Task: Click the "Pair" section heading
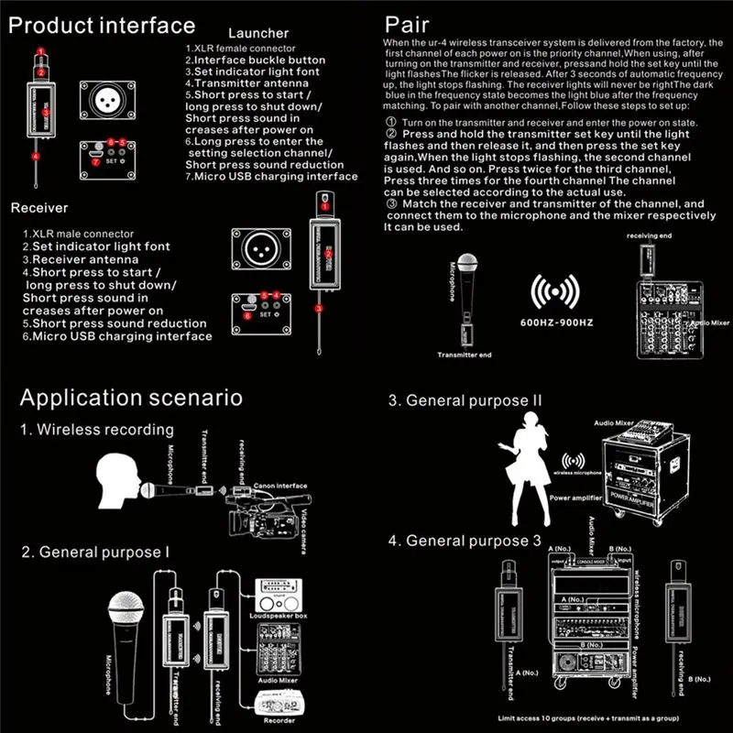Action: click(x=407, y=25)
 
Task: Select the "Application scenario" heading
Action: click(x=131, y=398)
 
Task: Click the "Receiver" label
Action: click(x=39, y=208)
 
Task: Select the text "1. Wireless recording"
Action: click(x=97, y=430)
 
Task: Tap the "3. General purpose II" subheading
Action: click(x=465, y=400)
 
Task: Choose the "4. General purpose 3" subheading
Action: click(x=465, y=541)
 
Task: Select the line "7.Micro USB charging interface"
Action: click(x=271, y=176)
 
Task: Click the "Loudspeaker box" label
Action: click(x=283, y=617)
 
